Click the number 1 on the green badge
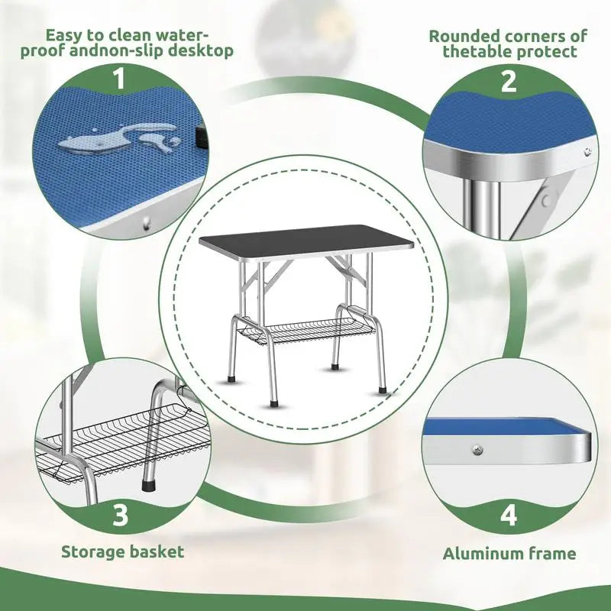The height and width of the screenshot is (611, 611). click(119, 79)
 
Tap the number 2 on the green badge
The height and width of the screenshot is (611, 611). click(508, 82)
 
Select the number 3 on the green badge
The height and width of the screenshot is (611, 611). click(120, 516)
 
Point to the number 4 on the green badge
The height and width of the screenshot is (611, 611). click(508, 516)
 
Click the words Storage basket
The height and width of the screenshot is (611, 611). click(122, 551)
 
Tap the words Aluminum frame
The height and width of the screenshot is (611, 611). click(510, 554)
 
